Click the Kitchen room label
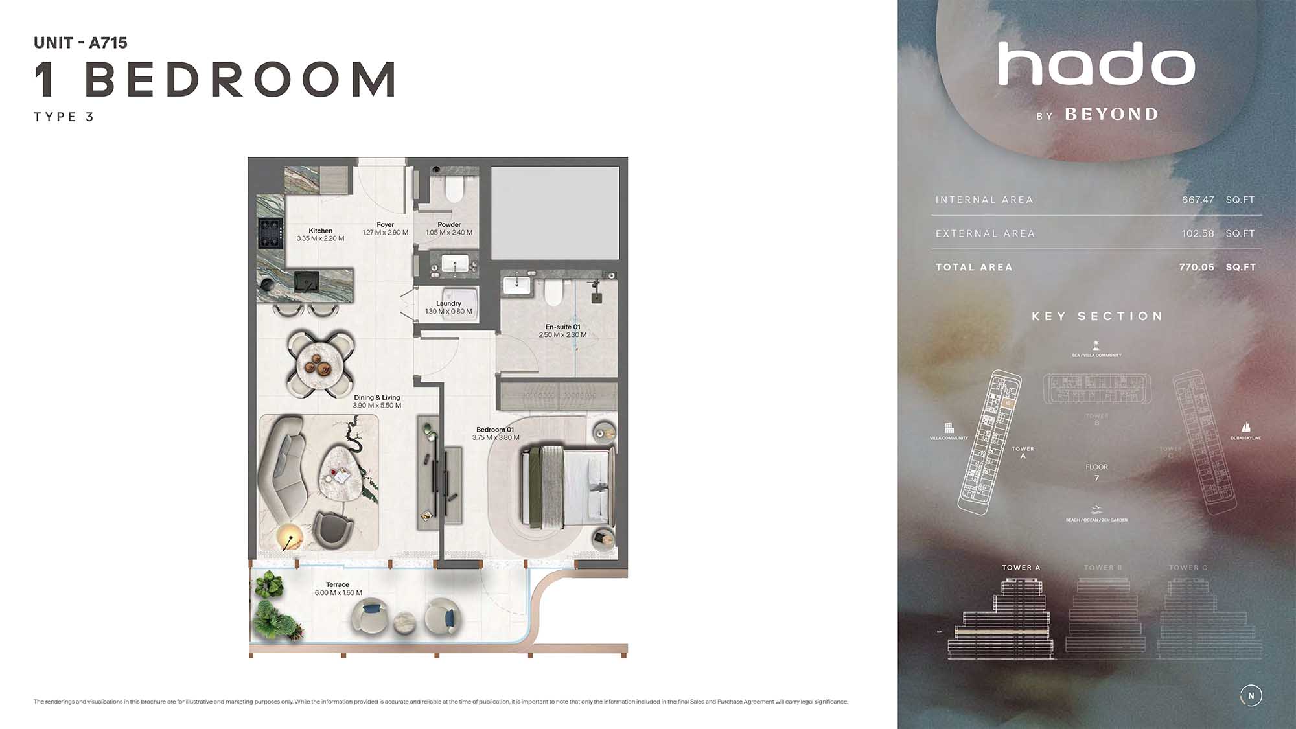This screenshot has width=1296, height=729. (320, 231)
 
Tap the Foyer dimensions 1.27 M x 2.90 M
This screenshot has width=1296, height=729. (385, 233)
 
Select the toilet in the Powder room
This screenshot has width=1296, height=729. (454, 188)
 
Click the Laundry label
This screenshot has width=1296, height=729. (448, 303)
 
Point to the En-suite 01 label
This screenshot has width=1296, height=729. (562, 327)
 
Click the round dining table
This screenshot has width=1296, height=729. (321, 364)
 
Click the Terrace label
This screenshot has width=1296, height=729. (338, 584)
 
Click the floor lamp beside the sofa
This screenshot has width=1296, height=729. (289, 537)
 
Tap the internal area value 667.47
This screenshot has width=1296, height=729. (1198, 200)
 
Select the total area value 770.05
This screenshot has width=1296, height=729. (1196, 267)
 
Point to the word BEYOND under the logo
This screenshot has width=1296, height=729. (1111, 115)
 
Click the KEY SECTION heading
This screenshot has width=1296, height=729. (1097, 316)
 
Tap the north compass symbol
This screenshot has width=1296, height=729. (1251, 695)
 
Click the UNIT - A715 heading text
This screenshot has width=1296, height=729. (80, 43)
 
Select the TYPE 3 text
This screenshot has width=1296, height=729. (64, 117)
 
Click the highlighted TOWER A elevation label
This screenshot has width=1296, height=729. (1021, 568)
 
